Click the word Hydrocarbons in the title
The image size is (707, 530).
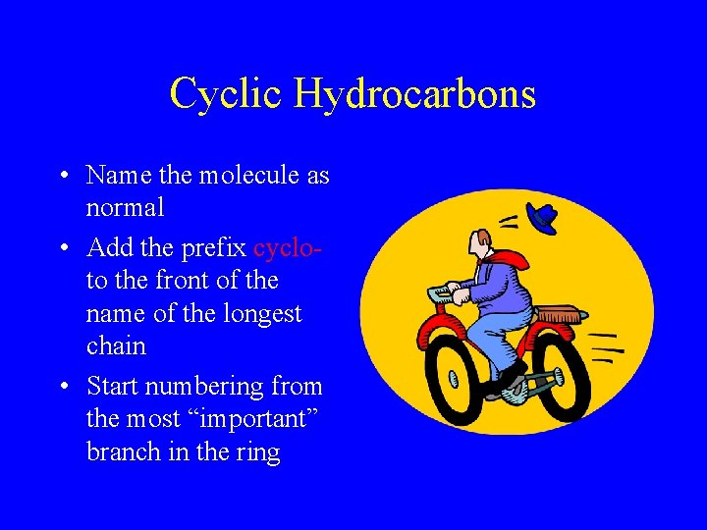tap(415, 94)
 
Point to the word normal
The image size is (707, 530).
tap(125, 208)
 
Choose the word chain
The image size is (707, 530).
tap(116, 346)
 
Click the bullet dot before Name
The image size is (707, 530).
tap(62, 177)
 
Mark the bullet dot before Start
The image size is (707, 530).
tap(62, 387)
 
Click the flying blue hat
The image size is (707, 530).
tap(542, 217)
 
